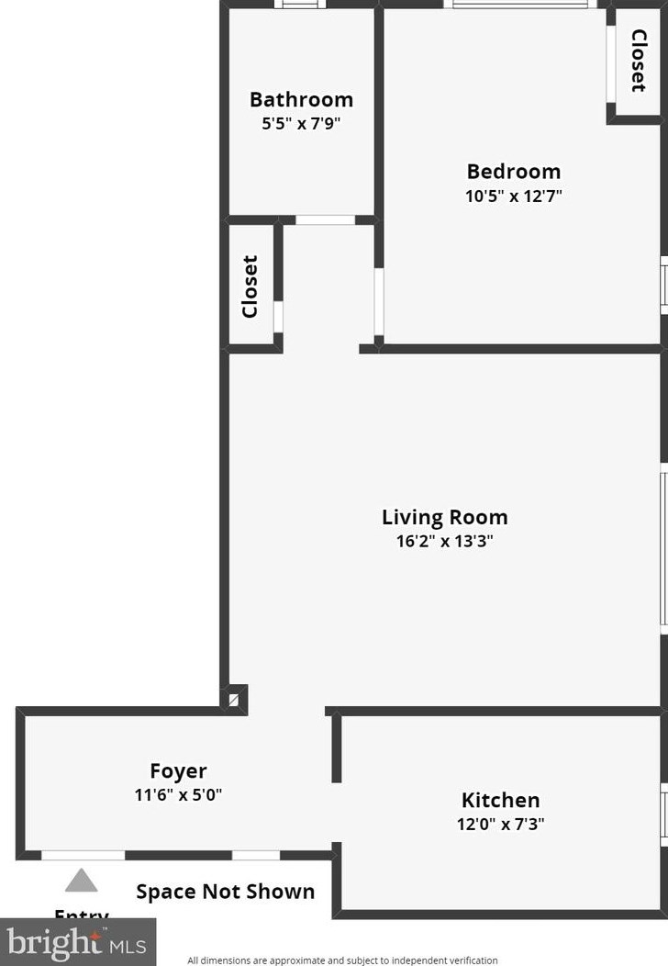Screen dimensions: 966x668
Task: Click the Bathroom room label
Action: [x=301, y=99]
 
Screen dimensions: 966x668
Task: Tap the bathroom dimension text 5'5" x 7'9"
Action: [x=301, y=122]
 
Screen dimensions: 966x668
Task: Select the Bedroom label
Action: [x=513, y=172]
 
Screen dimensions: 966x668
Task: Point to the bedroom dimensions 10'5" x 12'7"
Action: [x=513, y=196]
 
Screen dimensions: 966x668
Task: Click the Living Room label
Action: [x=444, y=517]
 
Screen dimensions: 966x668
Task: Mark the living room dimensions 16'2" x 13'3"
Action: [x=444, y=541]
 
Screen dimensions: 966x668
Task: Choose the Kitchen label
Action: [x=500, y=800]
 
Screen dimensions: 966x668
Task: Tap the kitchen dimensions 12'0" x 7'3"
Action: [x=500, y=824]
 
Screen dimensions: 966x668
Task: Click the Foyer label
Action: [x=178, y=771]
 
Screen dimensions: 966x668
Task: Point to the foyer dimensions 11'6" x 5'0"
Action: [x=178, y=794]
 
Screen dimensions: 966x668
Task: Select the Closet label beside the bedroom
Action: [x=638, y=62]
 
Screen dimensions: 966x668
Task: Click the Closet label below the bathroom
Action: [x=250, y=286]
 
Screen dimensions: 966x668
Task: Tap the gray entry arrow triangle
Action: [x=81, y=882]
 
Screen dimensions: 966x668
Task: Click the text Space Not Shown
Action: [x=226, y=892]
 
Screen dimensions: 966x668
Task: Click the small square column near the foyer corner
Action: [x=237, y=700]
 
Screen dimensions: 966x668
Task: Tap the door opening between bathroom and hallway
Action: [x=325, y=220]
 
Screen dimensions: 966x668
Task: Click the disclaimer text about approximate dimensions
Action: [x=342, y=960]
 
